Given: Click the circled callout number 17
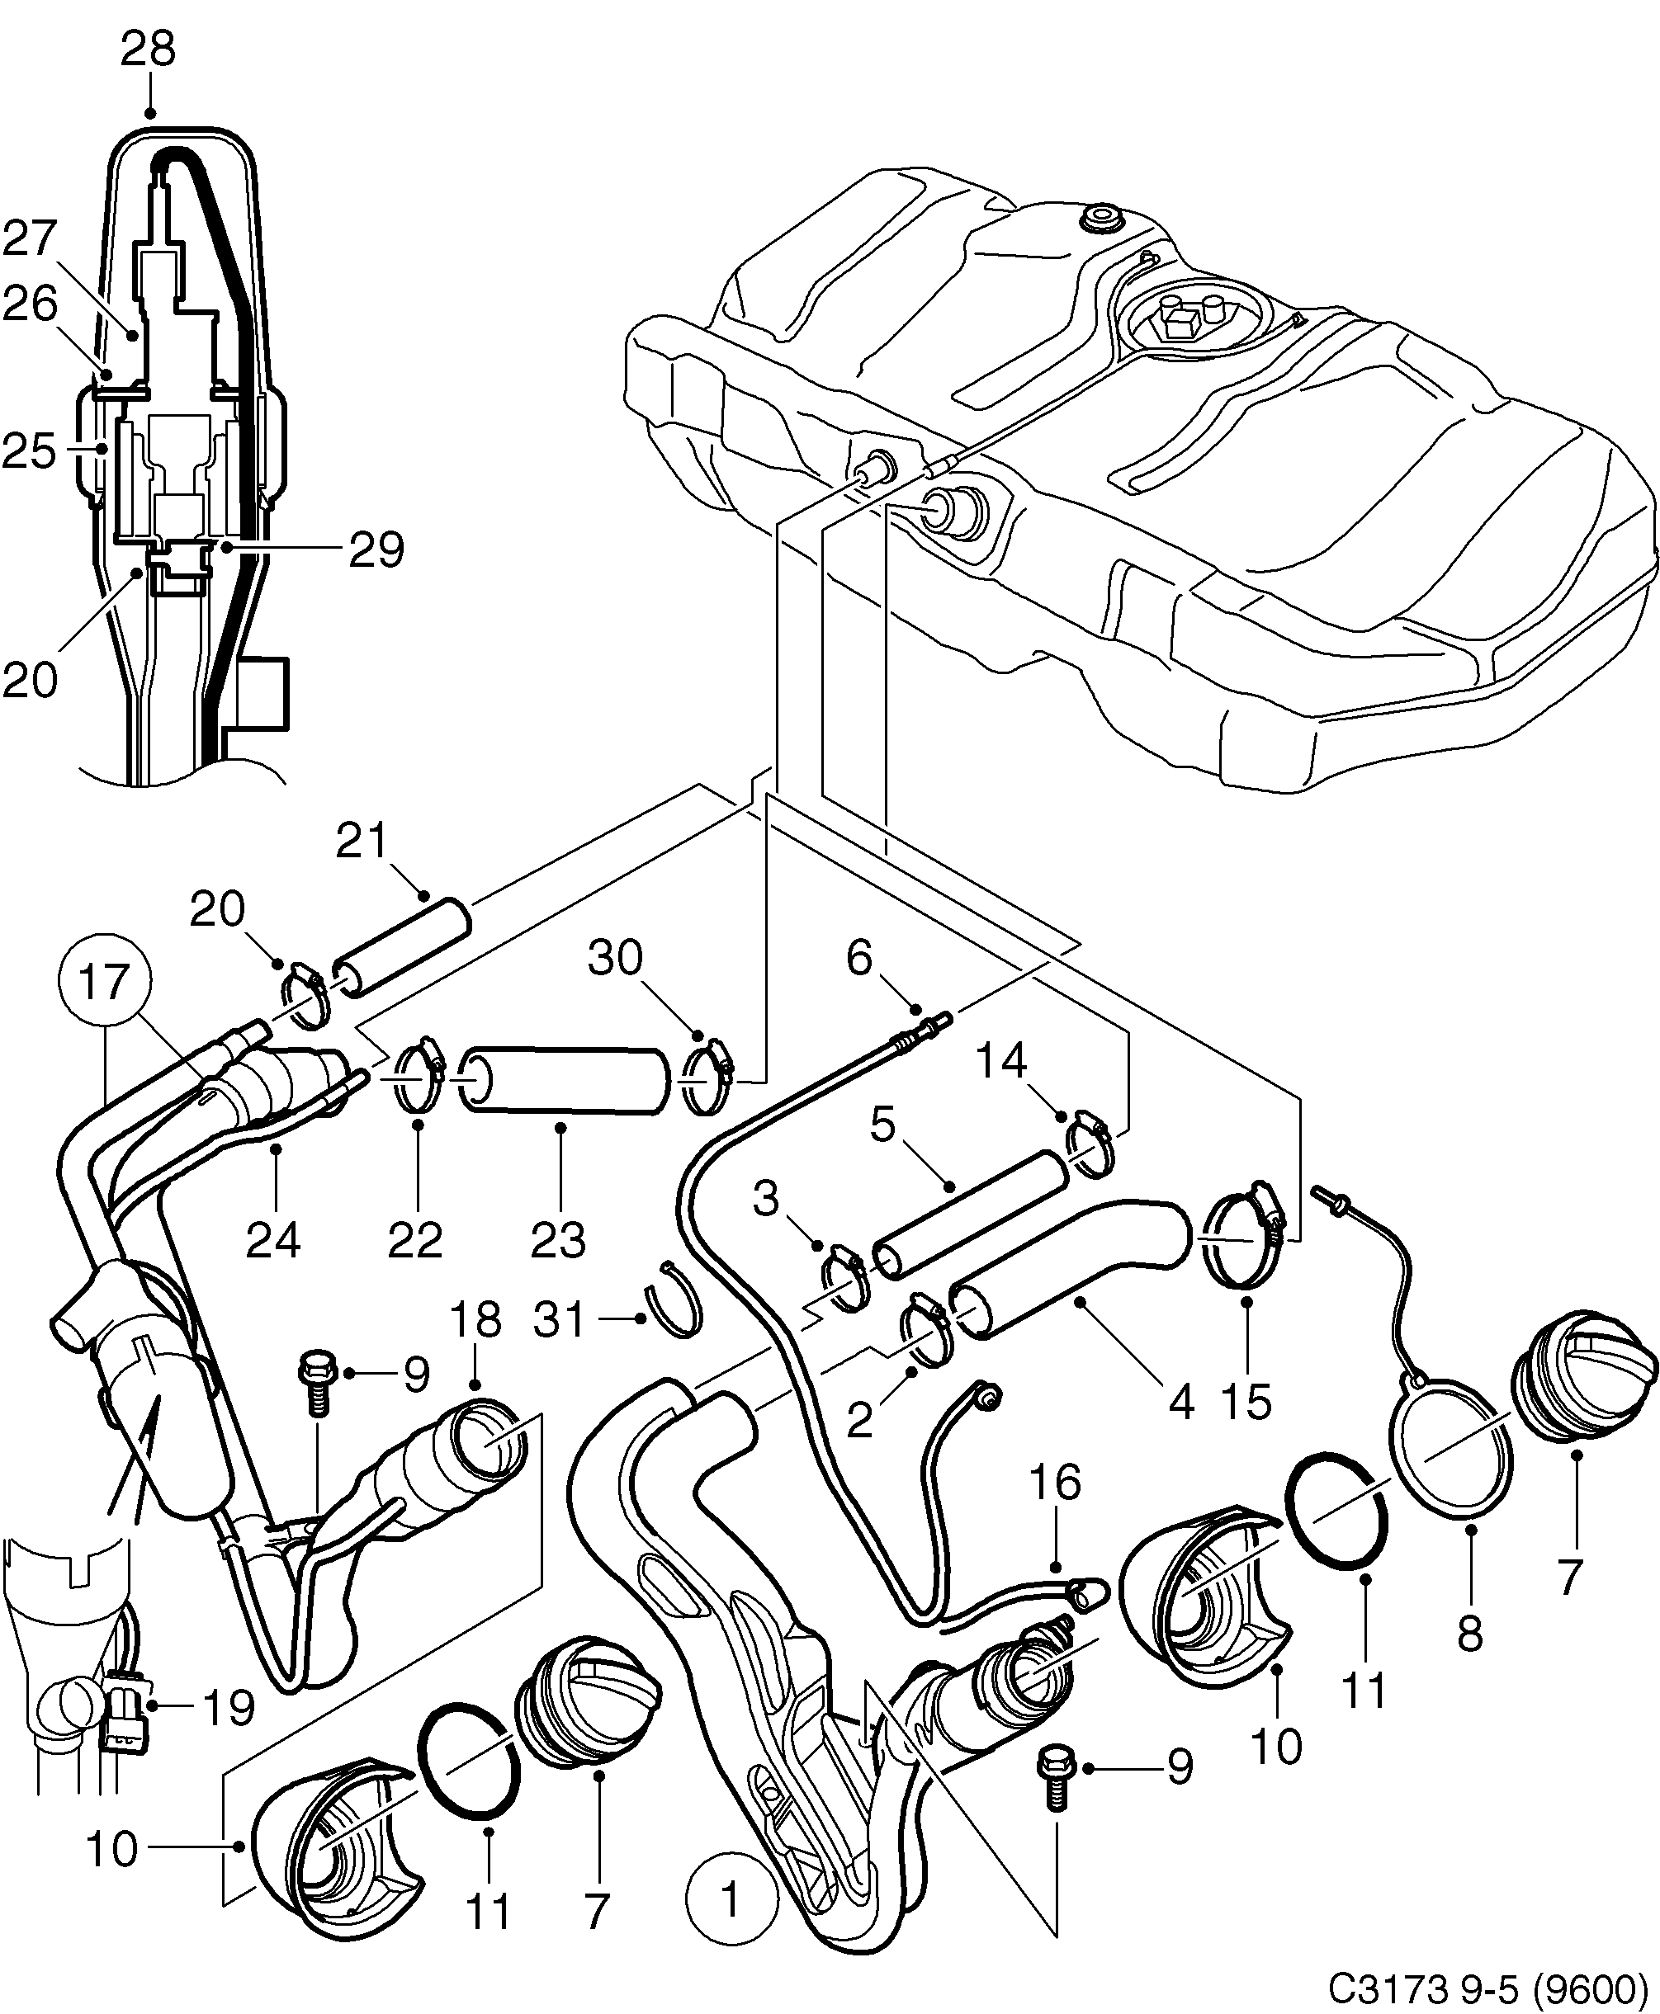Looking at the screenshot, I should (103, 983).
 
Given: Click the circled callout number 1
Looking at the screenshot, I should (731, 1900).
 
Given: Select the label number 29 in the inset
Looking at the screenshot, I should (376, 549).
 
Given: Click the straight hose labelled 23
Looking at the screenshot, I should (564, 1080).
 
